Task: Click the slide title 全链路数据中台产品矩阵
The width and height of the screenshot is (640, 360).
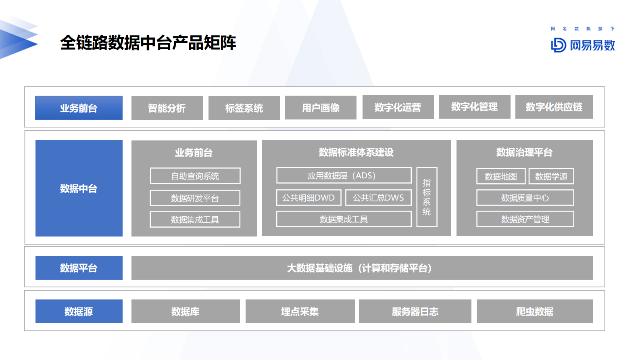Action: pyautogui.click(x=148, y=43)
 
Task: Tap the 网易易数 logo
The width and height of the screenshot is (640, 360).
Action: pyautogui.click(x=583, y=45)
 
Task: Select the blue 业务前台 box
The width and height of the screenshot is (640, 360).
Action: pyautogui.click(x=79, y=108)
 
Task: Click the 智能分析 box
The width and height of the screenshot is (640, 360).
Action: pyautogui.click(x=167, y=108)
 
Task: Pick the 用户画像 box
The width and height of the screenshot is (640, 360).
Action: pyautogui.click(x=321, y=108)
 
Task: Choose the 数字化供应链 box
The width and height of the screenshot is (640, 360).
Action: pyautogui.click(x=554, y=107)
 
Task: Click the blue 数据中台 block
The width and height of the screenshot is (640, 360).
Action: pyautogui.click(x=79, y=188)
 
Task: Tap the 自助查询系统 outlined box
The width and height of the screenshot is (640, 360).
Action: pyautogui.click(x=195, y=176)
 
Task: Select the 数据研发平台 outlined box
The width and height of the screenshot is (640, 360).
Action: pyautogui.click(x=195, y=198)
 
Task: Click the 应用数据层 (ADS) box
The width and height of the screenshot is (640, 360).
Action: pyautogui.click(x=344, y=176)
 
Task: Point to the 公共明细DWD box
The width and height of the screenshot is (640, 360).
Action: pyautogui.click(x=309, y=198)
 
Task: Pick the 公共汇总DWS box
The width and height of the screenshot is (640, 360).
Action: pyautogui.click(x=378, y=198)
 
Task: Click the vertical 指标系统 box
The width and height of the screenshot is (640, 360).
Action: pyautogui.click(x=427, y=197)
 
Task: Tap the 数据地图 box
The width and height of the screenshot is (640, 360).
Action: pyautogui.click(x=500, y=176)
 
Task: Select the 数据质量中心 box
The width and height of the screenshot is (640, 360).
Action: pyautogui.click(x=525, y=198)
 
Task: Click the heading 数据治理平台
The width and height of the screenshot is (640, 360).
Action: pyautogui.click(x=524, y=152)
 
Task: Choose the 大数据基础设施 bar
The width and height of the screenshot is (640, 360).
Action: pyautogui.click(x=362, y=268)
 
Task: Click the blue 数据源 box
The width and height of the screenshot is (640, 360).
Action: pyautogui.click(x=79, y=311)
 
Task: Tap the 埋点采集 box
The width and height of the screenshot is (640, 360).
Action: pyautogui.click(x=300, y=311)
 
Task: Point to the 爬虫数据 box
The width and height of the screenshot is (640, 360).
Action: pyautogui.click(x=534, y=311)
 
